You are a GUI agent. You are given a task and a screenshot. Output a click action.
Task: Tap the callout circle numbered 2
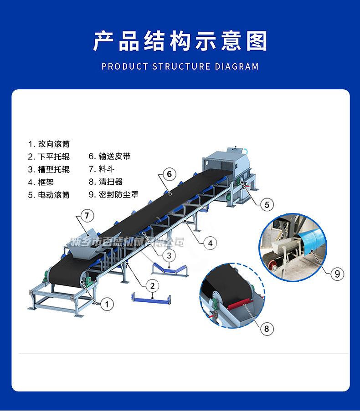[152, 286]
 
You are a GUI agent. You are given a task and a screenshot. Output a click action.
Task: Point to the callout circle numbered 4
[210, 243]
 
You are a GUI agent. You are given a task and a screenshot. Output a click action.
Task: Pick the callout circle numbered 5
[267, 204]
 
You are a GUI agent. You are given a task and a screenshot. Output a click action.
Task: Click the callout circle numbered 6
[168, 174]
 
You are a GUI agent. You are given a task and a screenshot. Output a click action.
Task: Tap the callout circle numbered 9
[337, 273]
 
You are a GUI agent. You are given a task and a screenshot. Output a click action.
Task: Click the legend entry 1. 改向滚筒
[49, 144]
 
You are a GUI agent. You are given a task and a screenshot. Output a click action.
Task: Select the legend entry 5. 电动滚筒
[49, 195]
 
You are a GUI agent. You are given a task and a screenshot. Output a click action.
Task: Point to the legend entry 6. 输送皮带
[109, 157]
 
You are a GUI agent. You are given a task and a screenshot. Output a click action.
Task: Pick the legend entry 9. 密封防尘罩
[113, 194]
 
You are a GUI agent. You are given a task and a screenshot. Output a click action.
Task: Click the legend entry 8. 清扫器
[105, 182]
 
